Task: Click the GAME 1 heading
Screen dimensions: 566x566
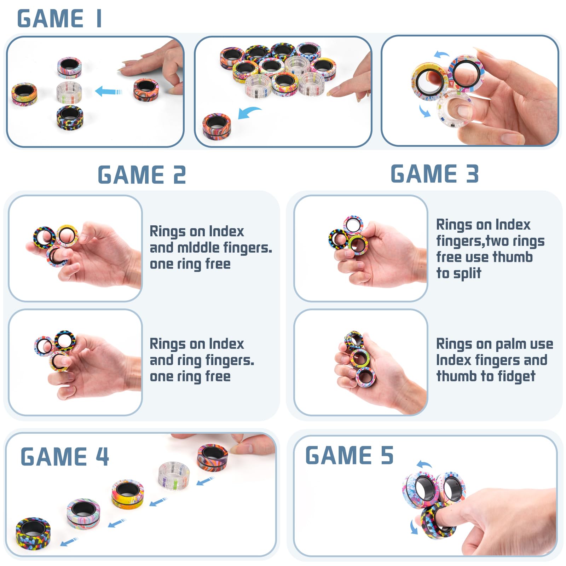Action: (x=59, y=18)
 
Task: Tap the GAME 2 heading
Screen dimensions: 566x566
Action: (x=142, y=175)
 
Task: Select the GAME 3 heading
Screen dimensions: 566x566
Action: (x=435, y=174)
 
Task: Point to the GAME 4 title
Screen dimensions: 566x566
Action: (x=65, y=456)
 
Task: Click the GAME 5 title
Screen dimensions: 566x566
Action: (x=350, y=455)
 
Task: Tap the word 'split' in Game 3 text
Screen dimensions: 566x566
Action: (x=467, y=273)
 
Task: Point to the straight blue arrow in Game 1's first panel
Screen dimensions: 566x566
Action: (x=109, y=91)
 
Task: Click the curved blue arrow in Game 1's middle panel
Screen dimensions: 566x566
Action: (x=249, y=113)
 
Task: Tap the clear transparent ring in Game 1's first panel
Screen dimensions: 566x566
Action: (x=69, y=92)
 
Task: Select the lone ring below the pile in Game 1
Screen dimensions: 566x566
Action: (x=216, y=126)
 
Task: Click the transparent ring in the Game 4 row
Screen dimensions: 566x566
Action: (x=174, y=475)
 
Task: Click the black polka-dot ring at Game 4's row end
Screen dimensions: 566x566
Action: (x=33, y=532)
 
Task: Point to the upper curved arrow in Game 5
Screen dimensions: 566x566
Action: (x=424, y=464)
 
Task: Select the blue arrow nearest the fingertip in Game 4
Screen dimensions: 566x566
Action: (x=206, y=480)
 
